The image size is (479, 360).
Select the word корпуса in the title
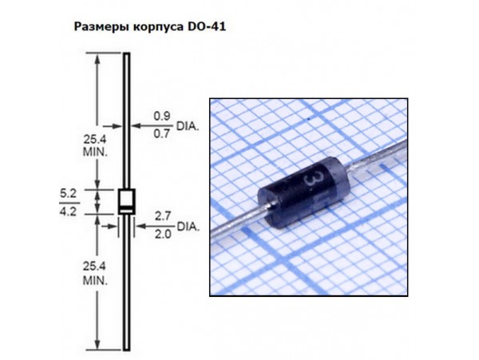[158, 27]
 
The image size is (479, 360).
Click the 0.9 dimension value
[161, 116]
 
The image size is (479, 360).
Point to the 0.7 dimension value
[161, 134]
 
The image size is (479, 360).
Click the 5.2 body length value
[68, 193]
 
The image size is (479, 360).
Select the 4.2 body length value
[68, 212]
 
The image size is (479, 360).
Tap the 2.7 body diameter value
[163, 216]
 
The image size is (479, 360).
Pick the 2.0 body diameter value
[163, 234]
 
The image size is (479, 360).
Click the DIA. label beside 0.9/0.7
[188, 126]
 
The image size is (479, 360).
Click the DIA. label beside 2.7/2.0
[188, 227]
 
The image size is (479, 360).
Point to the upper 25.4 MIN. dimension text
[95, 145]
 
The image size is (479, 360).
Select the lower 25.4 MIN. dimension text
[95, 273]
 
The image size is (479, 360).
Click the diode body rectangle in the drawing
[127, 201]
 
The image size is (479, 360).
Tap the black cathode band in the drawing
[127, 210]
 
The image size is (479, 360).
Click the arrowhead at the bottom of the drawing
[97, 344]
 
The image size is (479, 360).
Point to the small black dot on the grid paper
[308, 117]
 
